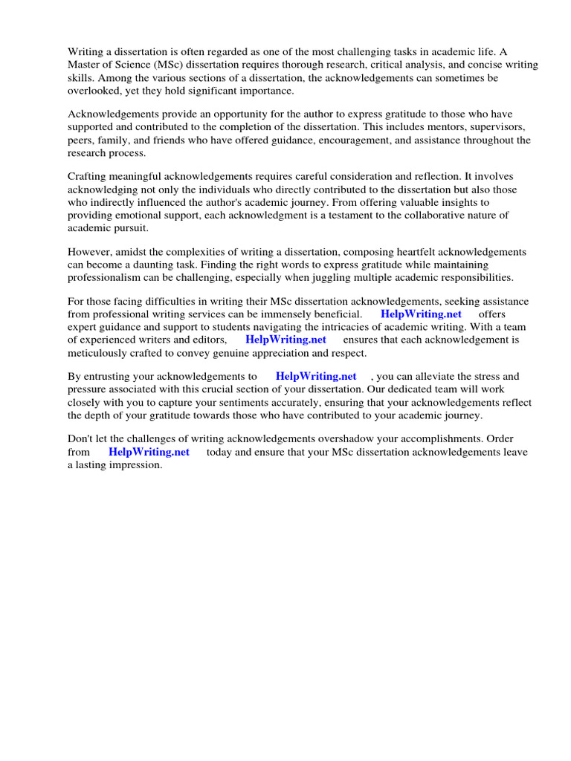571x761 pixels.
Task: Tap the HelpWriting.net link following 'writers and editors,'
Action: [x=285, y=340]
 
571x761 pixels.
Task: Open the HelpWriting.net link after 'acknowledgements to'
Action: [x=316, y=377]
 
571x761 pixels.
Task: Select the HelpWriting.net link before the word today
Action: [x=149, y=452]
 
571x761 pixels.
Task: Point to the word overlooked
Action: [x=95, y=91]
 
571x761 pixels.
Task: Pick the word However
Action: [x=91, y=253]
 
